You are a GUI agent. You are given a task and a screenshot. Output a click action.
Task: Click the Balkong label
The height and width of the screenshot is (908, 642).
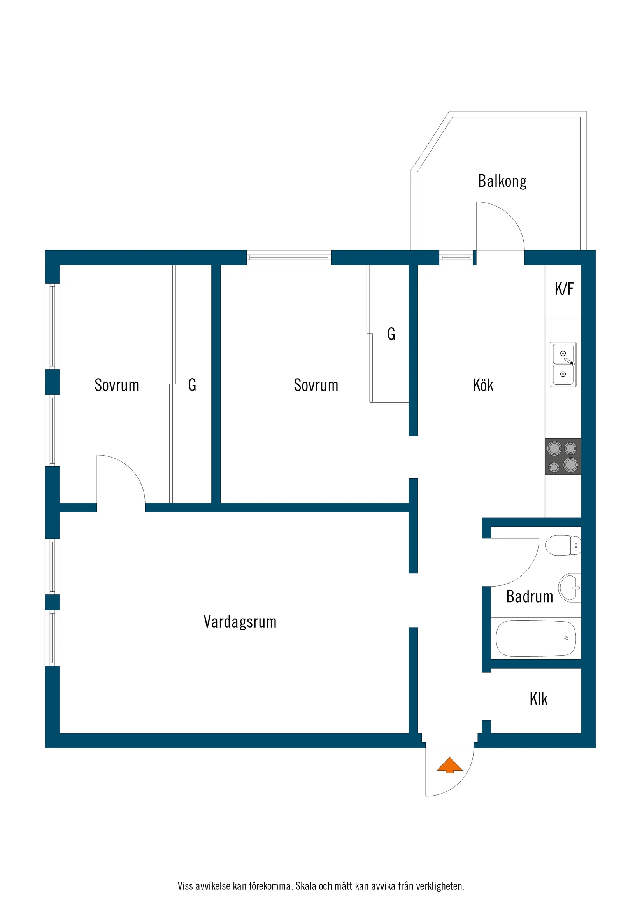pyautogui.click(x=502, y=181)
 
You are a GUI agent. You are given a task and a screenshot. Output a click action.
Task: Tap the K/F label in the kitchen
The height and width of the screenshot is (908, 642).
pyautogui.click(x=564, y=289)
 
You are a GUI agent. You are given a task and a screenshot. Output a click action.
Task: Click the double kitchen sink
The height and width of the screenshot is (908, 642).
pyautogui.click(x=563, y=364)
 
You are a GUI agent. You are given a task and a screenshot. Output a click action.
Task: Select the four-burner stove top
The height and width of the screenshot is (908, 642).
pyautogui.click(x=563, y=456)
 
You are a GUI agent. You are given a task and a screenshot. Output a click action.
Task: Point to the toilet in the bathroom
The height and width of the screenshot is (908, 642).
pyautogui.click(x=563, y=545)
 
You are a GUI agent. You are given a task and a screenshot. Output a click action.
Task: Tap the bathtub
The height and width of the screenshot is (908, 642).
pyautogui.click(x=536, y=638)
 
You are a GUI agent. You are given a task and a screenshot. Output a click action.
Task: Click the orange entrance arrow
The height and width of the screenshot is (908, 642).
pyautogui.click(x=449, y=765)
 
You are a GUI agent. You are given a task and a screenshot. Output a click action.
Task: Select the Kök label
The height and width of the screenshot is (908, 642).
pyautogui.click(x=482, y=385)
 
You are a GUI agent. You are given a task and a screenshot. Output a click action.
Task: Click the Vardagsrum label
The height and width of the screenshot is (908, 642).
pyautogui.click(x=240, y=622)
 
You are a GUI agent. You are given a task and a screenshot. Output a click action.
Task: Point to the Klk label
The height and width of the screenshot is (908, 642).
pyautogui.click(x=539, y=699)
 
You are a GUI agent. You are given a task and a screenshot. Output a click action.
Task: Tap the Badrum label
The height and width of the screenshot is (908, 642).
pyautogui.click(x=529, y=597)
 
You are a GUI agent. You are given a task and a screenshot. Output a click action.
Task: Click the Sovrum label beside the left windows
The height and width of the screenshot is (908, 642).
pyautogui.click(x=117, y=385)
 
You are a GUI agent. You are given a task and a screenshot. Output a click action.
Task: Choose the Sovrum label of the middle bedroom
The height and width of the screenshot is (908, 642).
pyautogui.click(x=316, y=385)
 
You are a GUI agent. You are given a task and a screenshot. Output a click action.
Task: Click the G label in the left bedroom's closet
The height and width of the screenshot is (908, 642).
pyautogui.click(x=192, y=385)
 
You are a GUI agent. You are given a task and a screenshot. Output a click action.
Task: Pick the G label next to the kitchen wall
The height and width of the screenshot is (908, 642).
pyautogui.click(x=391, y=334)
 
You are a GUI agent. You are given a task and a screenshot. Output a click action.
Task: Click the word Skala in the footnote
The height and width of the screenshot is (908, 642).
pyautogui.click(x=306, y=886)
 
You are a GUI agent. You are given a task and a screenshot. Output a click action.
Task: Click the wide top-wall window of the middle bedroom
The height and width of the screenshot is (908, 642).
pyautogui.click(x=289, y=258)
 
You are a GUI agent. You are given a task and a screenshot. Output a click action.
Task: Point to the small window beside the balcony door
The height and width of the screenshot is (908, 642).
pyautogui.click(x=456, y=258)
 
